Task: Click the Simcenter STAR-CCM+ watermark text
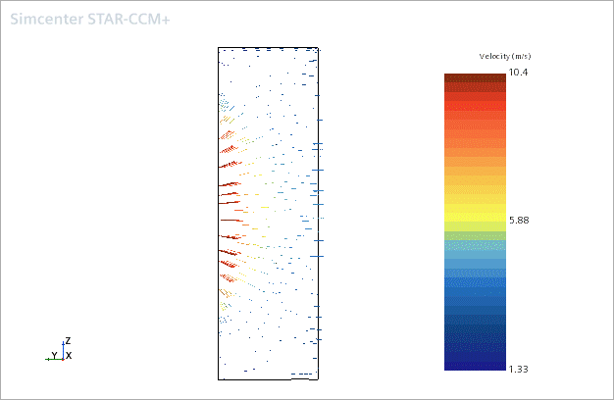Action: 90,20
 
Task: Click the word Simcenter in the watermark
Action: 47,20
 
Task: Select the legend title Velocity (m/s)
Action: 505,56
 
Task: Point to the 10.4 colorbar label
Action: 518,72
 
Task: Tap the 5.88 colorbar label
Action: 519,221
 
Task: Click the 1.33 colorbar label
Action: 519,369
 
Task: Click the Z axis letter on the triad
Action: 68,341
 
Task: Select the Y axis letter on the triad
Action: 54,355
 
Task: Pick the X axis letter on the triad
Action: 69,356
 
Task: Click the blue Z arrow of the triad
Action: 63,350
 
